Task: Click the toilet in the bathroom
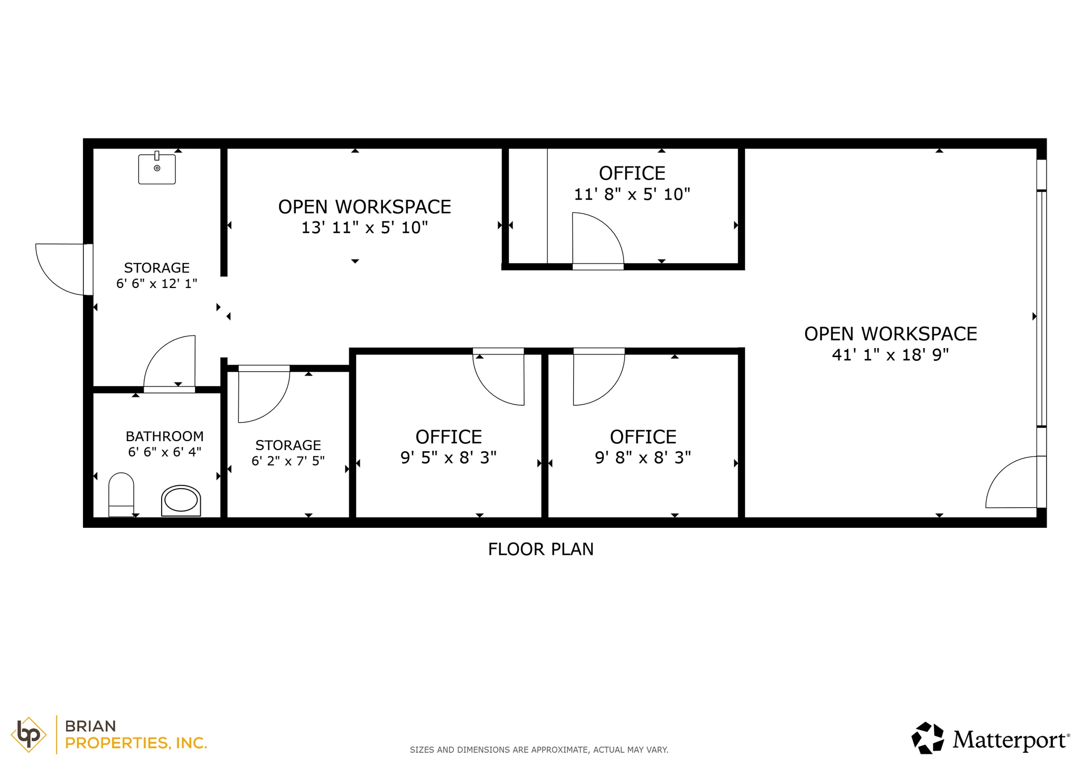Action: tap(121, 494)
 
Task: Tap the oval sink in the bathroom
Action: tap(181, 500)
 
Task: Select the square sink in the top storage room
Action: tap(157, 169)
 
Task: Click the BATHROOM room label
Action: tap(165, 436)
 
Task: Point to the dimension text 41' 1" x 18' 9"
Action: tap(890, 355)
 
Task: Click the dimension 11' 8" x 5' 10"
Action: tap(632, 194)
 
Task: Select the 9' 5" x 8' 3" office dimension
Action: tap(449, 458)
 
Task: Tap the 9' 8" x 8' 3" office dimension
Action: tap(643, 458)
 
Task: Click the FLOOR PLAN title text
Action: tap(540, 549)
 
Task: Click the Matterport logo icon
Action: tap(928, 738)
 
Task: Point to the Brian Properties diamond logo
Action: tap(29, 734)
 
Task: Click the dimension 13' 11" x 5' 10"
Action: tap(365, 228)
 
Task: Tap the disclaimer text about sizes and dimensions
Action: tap(539, 750)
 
